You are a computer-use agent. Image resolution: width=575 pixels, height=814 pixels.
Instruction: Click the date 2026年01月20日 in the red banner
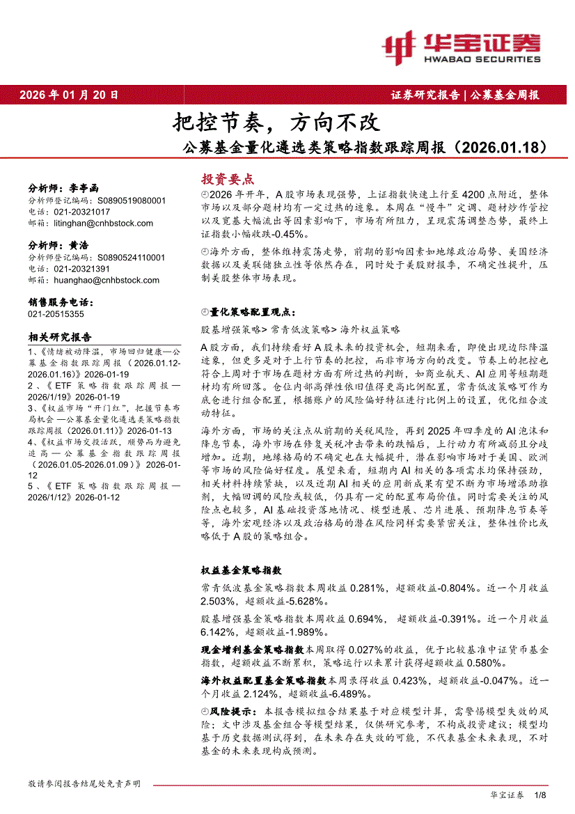69,95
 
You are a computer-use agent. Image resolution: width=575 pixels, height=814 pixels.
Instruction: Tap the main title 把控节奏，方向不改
276,123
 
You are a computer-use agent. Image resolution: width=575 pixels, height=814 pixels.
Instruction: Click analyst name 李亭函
84,188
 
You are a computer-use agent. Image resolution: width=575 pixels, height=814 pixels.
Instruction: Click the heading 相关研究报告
59,337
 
